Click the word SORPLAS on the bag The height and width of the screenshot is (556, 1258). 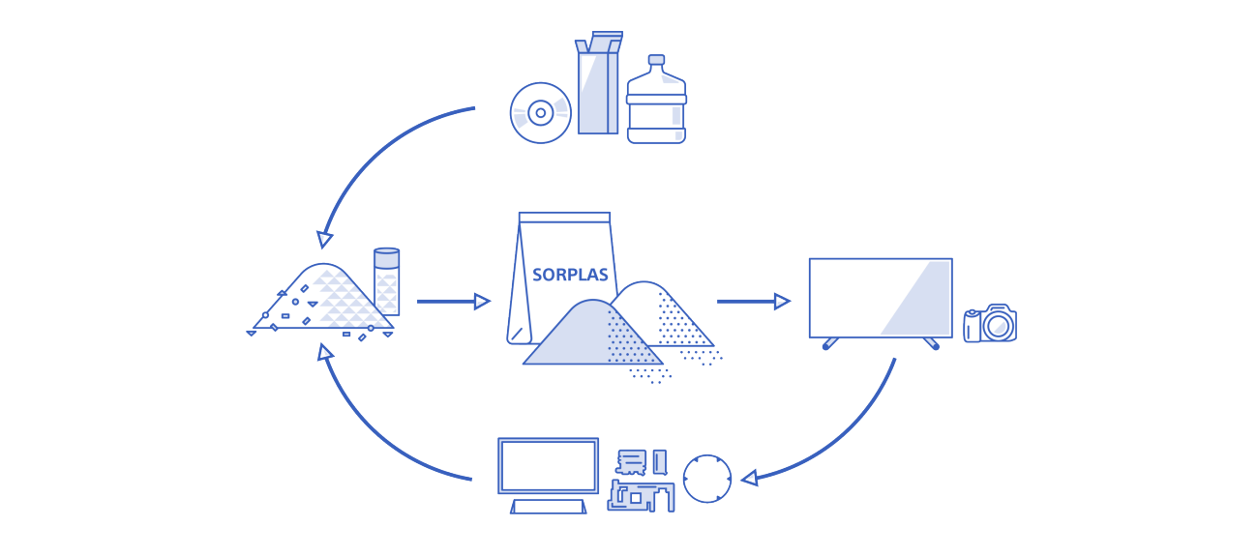point(570,275)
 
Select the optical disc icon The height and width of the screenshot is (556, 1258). point(540,113)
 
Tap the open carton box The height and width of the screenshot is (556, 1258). point(597,85)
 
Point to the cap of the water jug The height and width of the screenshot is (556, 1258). point(656,61)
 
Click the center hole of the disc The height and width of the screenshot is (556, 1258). point(540,113)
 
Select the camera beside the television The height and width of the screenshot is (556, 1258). point(990,324)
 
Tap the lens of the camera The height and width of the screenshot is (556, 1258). point(998,326)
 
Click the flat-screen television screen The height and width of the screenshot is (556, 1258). point(880,297)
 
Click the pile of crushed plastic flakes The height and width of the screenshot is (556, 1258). point(324,300)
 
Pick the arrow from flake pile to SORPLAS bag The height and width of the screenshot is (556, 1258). point(453,302)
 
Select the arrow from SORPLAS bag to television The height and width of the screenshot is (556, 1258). point(753,302)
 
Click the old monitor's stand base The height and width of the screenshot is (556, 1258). point(548,506)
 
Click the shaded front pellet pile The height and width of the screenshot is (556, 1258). point(581,338)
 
